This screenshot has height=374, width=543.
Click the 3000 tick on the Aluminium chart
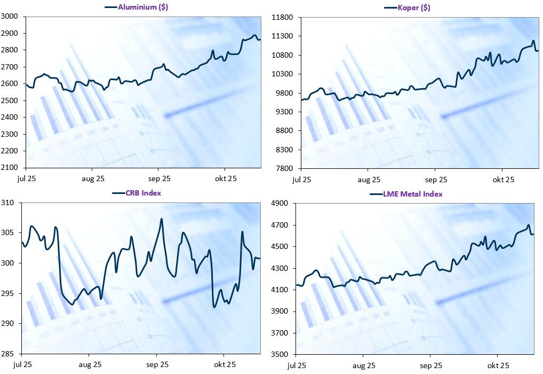10,17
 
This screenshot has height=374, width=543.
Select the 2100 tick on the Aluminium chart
10,168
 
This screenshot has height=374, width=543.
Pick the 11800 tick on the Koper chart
283,18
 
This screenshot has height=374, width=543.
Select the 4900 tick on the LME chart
281,203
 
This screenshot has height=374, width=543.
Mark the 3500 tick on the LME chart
281,354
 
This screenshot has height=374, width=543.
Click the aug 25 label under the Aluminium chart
93,178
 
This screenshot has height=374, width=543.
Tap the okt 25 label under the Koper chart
503,180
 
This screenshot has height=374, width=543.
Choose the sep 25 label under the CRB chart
157,365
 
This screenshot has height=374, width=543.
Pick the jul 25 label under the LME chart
297,365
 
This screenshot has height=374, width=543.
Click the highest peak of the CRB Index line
162,219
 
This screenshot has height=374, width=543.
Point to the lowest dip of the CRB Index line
214,307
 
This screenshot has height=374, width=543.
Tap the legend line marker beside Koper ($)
390,7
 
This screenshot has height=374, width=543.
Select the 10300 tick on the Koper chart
283,74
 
